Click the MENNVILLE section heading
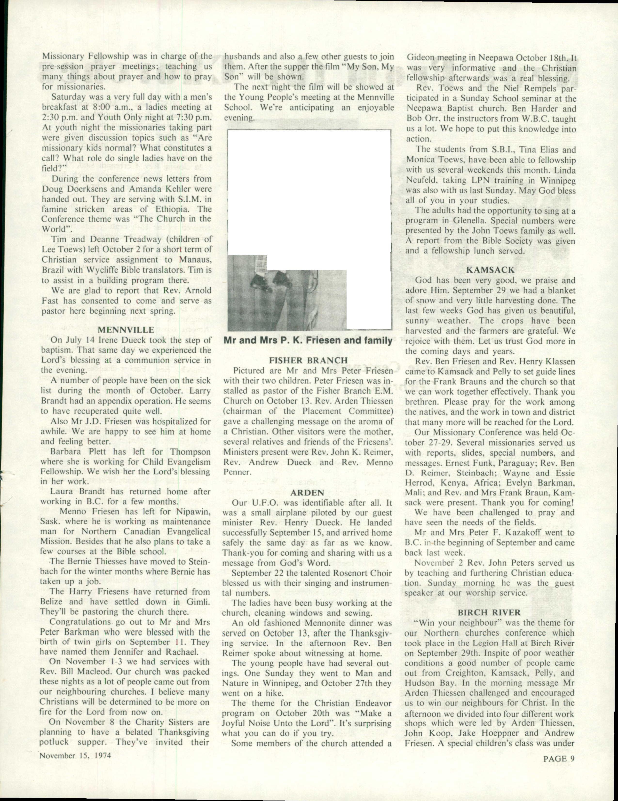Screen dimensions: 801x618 click(x=126, y=330)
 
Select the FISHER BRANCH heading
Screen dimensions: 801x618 click(x=308, y=360)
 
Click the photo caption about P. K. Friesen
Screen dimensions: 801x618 click(x=308, y=340)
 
